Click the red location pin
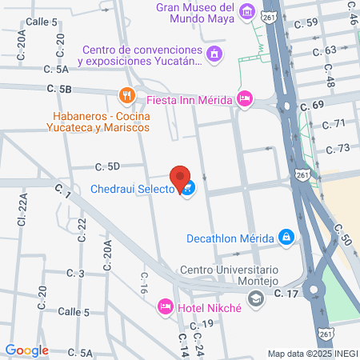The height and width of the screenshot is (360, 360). click(180, 178)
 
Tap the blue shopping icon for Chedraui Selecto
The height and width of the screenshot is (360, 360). click(187, 190)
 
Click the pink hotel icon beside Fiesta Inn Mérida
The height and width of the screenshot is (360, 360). click(246, 99)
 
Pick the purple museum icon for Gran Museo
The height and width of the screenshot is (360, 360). click(246, 11)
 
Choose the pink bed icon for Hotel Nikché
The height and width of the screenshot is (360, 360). click(166, 306)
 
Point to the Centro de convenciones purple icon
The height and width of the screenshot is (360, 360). click(214, 54)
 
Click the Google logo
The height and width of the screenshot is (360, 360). click(26, 350)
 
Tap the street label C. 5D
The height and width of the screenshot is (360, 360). click(107, 167)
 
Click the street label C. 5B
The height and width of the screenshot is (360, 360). click(59, 89)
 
